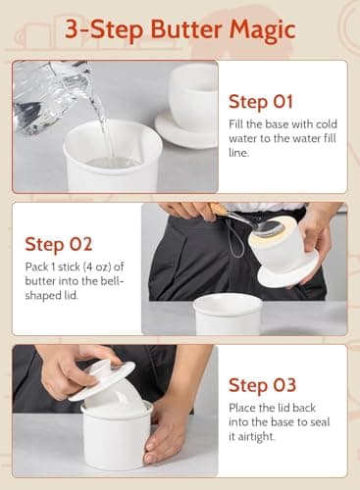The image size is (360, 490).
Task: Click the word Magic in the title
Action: coord(258,29)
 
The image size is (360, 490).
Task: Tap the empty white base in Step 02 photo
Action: coord(228,313)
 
